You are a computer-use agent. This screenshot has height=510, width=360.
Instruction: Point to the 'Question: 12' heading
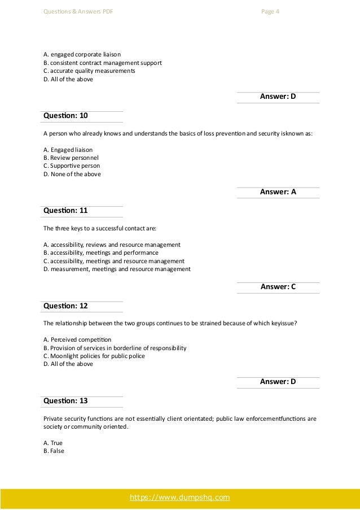pos(65,306)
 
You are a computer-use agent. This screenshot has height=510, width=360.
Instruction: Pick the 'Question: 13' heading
pos(65,400)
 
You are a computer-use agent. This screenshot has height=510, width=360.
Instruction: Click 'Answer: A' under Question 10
pos(278,192)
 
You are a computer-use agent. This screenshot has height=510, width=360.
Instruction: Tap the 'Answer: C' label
pos(278,287)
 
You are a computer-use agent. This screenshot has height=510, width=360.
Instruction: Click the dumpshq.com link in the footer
pos(180,498)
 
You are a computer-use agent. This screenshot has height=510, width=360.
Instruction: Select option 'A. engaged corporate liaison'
pos(82,54)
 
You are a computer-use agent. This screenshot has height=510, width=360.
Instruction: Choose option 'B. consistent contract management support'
pos(102,63)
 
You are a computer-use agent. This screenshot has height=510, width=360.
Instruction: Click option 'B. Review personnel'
pos(71,158)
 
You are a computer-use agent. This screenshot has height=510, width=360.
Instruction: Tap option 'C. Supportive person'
pos(71,166)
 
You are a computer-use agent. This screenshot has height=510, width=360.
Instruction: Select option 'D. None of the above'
pos(72,175)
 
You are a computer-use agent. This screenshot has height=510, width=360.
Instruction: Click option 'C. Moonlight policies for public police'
pos(94,356)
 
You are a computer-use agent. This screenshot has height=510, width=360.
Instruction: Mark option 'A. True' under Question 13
pos(52,443)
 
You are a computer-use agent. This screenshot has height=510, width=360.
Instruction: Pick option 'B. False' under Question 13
pos(54,451)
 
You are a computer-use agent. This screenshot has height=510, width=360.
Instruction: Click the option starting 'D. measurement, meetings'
pos(117,269)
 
